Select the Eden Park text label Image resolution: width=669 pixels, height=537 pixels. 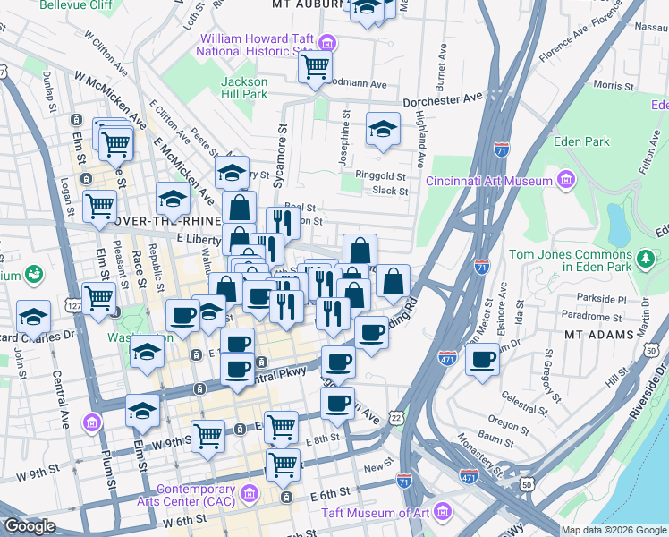(x=581, y=141)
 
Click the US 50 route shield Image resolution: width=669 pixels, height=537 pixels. (x=525, y=484)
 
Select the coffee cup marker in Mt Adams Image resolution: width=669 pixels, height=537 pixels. (x=482, y=361)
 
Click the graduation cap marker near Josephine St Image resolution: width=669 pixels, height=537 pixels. (x=383, y=129)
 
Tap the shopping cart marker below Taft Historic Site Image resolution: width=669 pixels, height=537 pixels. (x=315, y=66)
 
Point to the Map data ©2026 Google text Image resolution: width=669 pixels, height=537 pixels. (x=613, y=530)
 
